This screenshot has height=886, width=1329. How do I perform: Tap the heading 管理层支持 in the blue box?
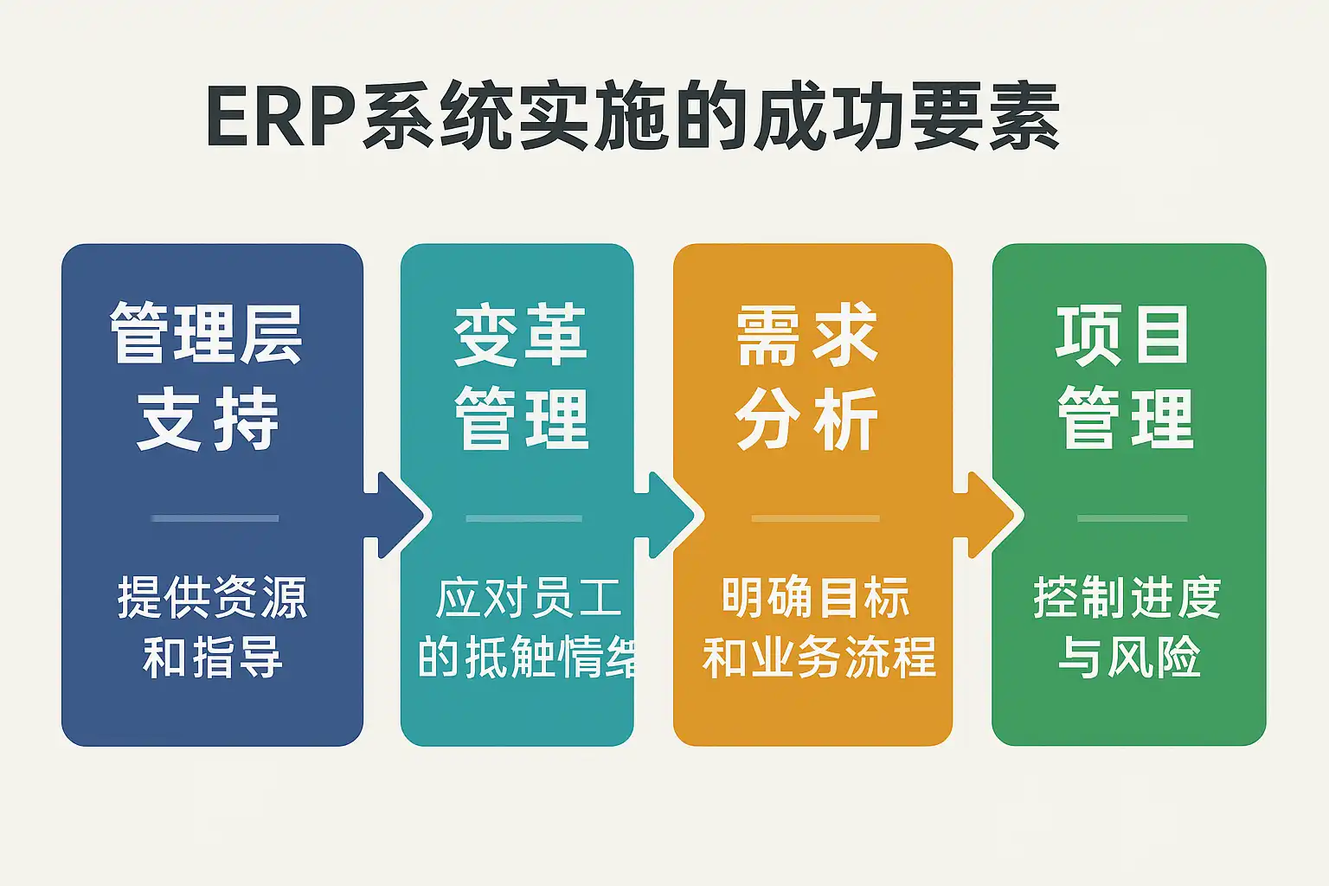pyautogui.click(x=208, y=376)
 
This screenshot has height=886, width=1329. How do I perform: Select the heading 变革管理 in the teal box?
pyautogui.click(x=521, y=376)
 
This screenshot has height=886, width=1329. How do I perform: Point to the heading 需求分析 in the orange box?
pyautogui.click(x=807, y=376)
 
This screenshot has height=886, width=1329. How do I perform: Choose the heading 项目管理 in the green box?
pyautogui.click(x=1125, y=376)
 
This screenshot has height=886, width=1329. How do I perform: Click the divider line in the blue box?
pyautogui.click(x=215, y=518)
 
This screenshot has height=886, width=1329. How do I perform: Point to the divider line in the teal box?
pyautogui.click(x=523, y=518)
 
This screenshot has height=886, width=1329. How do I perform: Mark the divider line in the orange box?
pyautogui.click(x=815, y=518)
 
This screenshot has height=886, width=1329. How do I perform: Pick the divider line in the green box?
pyautogui.click(x=1132, y=518)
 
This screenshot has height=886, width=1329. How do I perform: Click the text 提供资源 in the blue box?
pyautogui.click(x=213, y=598)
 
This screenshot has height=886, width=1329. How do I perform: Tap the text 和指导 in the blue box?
pyautogui.click(x=213, y=658)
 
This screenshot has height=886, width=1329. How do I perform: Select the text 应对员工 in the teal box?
pyautogui.click(x=529, y=598)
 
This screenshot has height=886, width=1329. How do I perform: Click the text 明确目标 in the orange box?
pyautogui.click(x=815, y=598)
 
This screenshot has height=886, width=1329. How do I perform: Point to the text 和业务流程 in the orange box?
pyautogui.click(x=819, y=658)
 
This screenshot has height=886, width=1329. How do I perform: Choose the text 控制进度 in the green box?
pyautogui.click(x=1127, y=598)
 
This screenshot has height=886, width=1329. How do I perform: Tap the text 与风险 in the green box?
pyautogui.click(x=1128, y=658)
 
